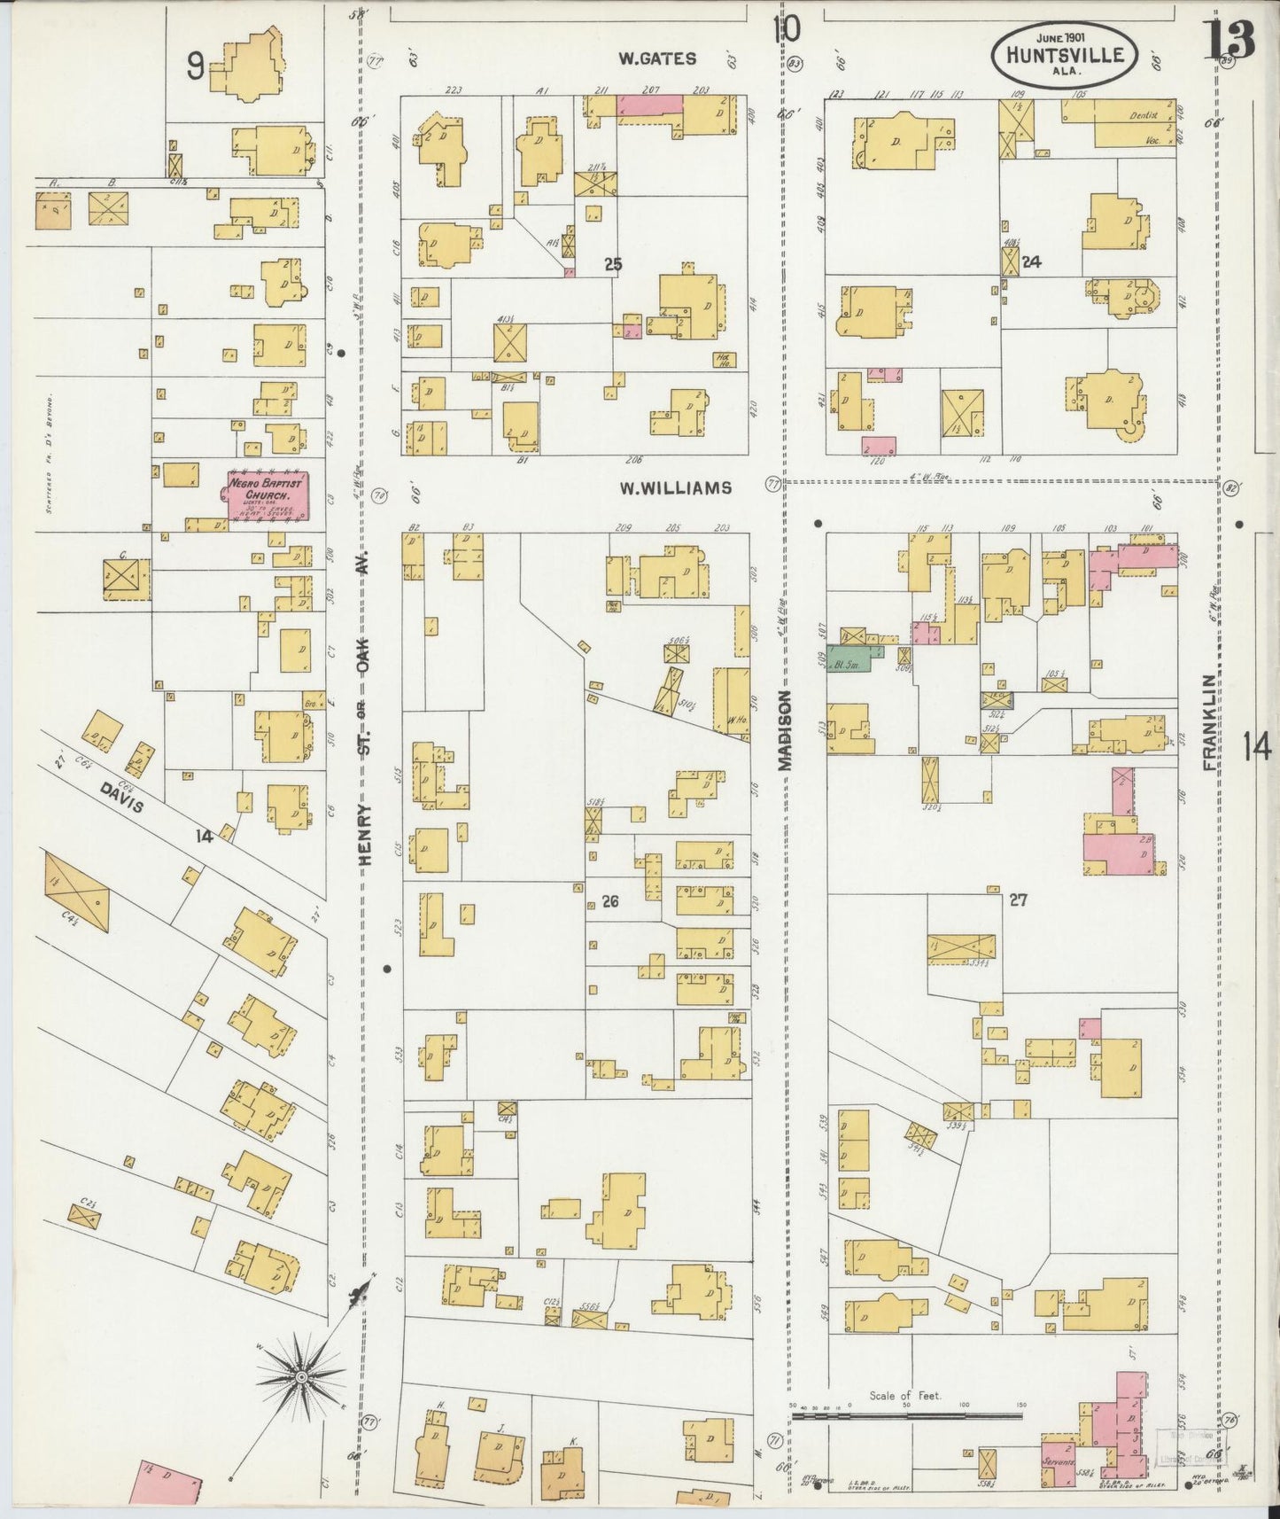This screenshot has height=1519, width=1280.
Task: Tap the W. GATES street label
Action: [656, 59]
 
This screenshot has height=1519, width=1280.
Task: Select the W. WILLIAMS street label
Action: [675, 487]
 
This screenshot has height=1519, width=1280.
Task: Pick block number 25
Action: [613, 263]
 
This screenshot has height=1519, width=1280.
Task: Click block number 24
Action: [1030, 261]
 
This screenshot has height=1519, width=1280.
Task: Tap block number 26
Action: [609, 902]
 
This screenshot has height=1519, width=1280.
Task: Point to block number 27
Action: [1017, 900]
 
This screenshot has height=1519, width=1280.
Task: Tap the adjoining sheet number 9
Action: [196, 66]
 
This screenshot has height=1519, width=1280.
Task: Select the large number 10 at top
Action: [786, 29]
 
